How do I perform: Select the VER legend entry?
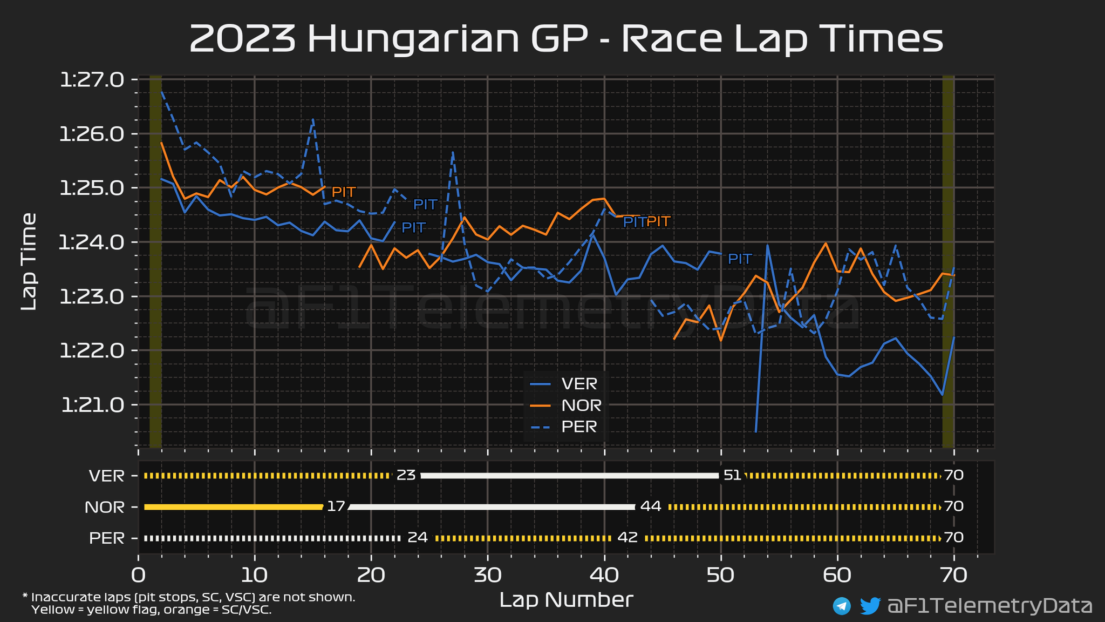pos(579,384)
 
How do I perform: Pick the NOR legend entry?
pos(581,405)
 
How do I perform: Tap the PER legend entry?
pos(579,427)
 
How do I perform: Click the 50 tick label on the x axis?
pos(721,576)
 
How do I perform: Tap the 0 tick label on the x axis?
pos(139,576)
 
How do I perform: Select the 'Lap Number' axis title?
pos(566,600)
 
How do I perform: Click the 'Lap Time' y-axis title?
pos(29,261)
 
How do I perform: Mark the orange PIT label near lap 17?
pos(343,192)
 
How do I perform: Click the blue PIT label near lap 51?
pos(740,259)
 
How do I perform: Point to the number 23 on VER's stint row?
pos(406,476)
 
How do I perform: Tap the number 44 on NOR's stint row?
pos(650,507)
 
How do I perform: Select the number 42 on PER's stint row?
pos(627,538)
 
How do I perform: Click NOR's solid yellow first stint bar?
pos(233,507)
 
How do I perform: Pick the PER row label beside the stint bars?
pos(106,538)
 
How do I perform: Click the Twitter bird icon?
pos(870,606)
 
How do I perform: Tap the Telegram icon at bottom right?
pos(842,606)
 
